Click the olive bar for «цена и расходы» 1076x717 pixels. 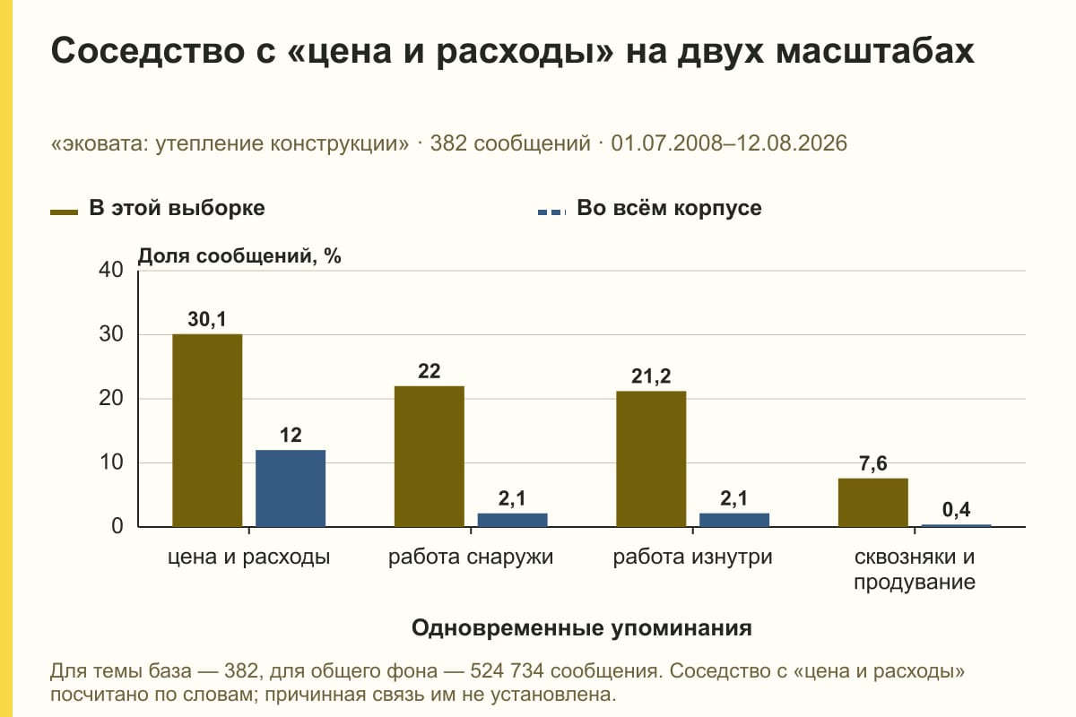coord(207,430)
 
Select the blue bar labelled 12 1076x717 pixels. coord(291,488)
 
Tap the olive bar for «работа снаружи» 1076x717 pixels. coord(429,456)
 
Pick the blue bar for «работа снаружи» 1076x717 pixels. coord(512,520)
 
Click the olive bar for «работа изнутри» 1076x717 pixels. coord(651,459)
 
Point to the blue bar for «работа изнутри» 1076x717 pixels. coord(734,520)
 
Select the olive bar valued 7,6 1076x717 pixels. coord(872,502)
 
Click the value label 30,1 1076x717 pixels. coord(207,319)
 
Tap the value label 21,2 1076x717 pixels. coord(651,376)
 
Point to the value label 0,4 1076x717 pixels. coord(956,510)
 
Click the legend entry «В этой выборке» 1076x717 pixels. coord(158,209)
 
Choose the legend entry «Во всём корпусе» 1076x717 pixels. coord(649,209)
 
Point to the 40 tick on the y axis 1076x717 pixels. coord(111,270)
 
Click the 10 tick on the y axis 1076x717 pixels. coord(111,462)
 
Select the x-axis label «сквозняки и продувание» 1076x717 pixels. coord(914,569)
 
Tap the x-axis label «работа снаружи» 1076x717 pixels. coord(471,557)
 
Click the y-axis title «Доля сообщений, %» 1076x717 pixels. coord(239,256)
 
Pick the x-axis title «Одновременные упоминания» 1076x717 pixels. coord(581,628)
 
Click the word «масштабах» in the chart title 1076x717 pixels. coord(875,51)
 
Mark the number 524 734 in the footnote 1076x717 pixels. coord(508,671)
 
